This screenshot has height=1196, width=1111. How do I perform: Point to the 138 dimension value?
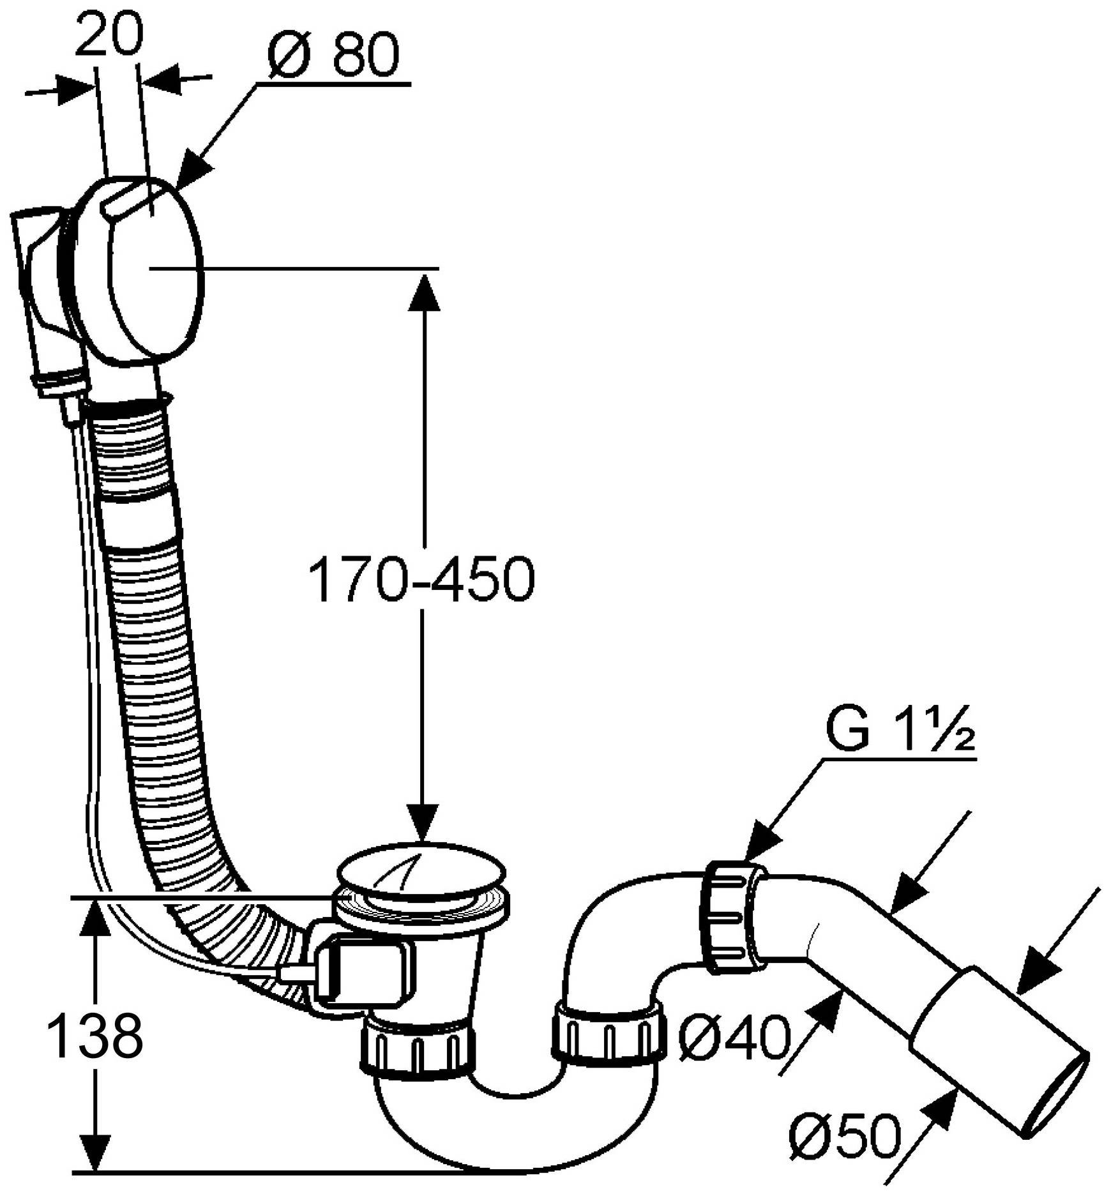tap(96, 1036)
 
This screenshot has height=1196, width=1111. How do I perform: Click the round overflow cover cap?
tap(156, 268)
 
